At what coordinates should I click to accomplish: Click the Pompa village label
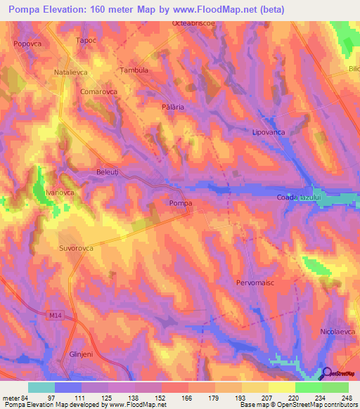181,204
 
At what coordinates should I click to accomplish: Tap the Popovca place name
27,44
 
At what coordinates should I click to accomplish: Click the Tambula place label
134,70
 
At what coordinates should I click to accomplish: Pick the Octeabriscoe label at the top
194,23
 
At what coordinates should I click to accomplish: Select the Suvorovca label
77,248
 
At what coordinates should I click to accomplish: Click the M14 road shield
55,317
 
